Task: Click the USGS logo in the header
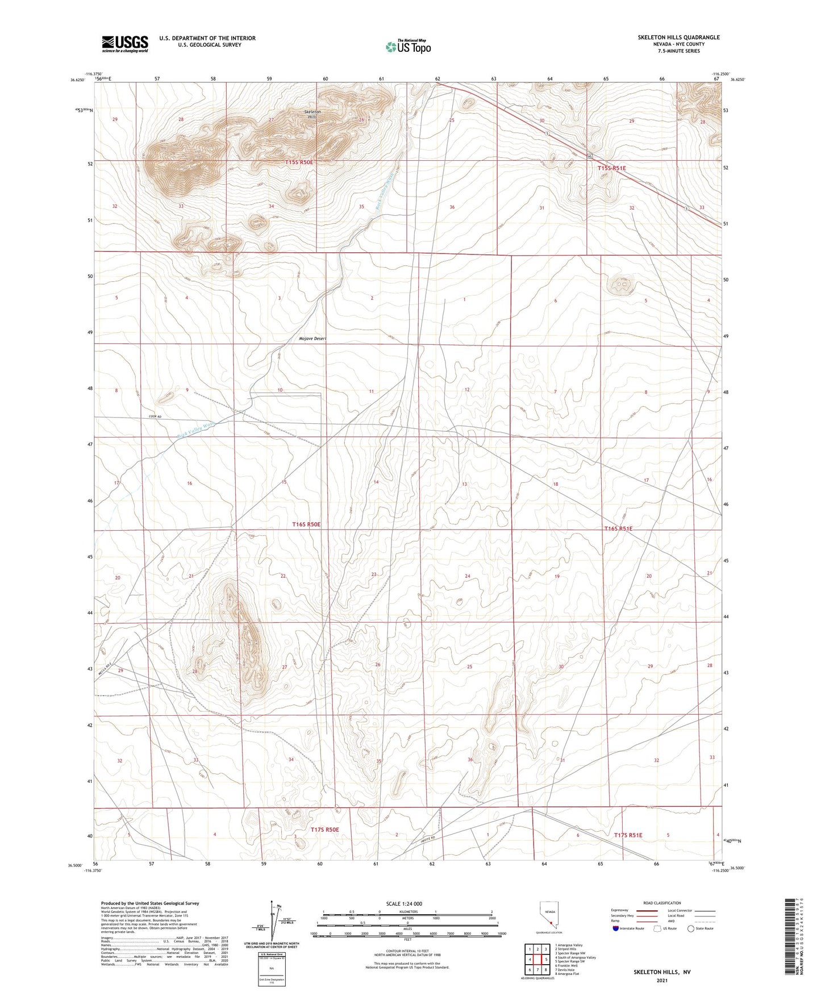pyautogui.click(x=124, y=44)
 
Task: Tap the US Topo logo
pyautogui.click(x=408, y=47)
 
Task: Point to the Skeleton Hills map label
pyautogui.click(x=312, y=115)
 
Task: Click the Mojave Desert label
pyautogui.click(x=312, y=339)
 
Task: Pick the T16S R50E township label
pyautogui.click(x=306, y=524)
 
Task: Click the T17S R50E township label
pyautogui.click(x=324, y=830)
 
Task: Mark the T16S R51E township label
pyautogui.click(x=618, y=528)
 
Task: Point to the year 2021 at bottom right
pyautogui.click(x=661, y=980)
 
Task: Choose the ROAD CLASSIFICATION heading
pyautogui.click(x=662, y=903)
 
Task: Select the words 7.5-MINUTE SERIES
pyautogui.click(x=678, y=51)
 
